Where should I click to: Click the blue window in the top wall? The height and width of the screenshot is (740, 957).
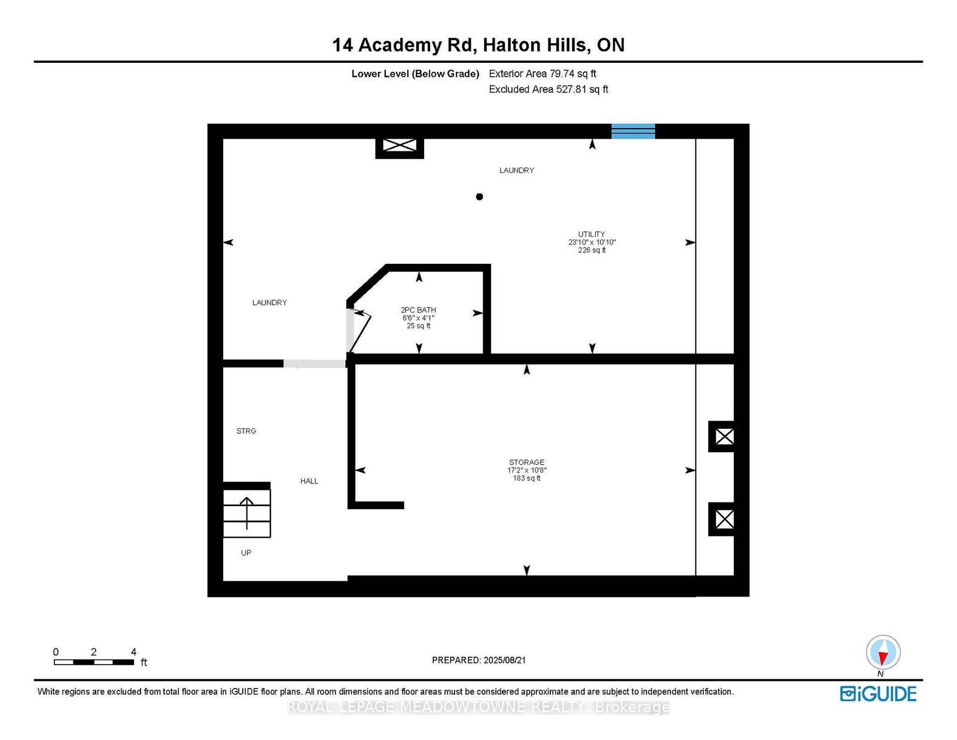click(x=633, y=131)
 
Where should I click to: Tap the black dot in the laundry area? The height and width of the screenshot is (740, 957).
click(x=479, y=197)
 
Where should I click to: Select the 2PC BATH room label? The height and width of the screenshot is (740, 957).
click(x=418, y=310)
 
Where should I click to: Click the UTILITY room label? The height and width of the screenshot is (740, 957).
click(x=592, y=235)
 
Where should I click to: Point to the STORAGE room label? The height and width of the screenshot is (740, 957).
click(x=527, y=462)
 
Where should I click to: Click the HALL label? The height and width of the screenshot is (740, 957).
click(x=309, y=481)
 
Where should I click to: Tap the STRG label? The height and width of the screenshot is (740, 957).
click(x=246, y=431)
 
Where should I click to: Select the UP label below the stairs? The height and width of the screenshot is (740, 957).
click(x=246, y=552)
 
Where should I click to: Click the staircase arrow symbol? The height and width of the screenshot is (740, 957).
click(x=246, y=513)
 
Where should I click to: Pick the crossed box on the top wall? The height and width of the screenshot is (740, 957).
click(x=400, y=145)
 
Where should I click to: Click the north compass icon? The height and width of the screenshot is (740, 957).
click(x=883, y=653)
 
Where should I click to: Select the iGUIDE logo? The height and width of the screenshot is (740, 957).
click(x=878, y=694)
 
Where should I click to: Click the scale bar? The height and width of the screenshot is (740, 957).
click(x=94, y=662)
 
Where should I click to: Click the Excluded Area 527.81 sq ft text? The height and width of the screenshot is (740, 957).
click(x=548, y=89)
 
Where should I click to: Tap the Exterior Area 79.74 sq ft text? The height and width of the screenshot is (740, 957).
click(x=542, y=74)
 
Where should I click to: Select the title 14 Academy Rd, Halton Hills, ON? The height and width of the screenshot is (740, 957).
click(x=478, y=45)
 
